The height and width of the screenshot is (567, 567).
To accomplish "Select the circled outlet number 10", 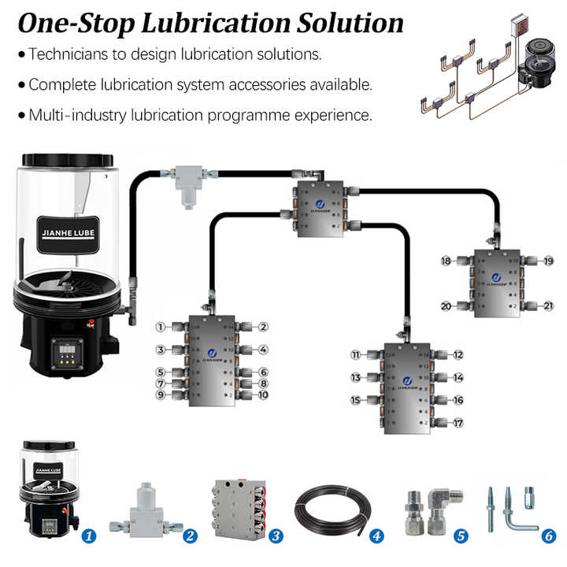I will pyautogui.click(x=264, y=395).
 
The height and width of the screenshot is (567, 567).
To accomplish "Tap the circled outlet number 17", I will pyautogui.click(x=458, y=423).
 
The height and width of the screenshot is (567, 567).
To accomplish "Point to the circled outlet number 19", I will pyautogui.click(x=548, y=261).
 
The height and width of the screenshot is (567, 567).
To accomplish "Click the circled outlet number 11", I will pyautogui.click(x=356, y=356).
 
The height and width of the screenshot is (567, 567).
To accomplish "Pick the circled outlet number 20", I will pyautogui.click(x=446, y=306).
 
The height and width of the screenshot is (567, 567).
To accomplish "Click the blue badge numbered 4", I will pyautogui.click(x=377, y=535).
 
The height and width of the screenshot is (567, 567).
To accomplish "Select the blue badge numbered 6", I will pyautogui.click(x=549, y=535).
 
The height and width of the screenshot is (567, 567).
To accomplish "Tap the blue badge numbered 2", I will pyautogui.click(x=189, y=535).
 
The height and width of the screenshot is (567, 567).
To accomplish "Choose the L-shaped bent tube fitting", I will pyautogui.click(x=520, y=508).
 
